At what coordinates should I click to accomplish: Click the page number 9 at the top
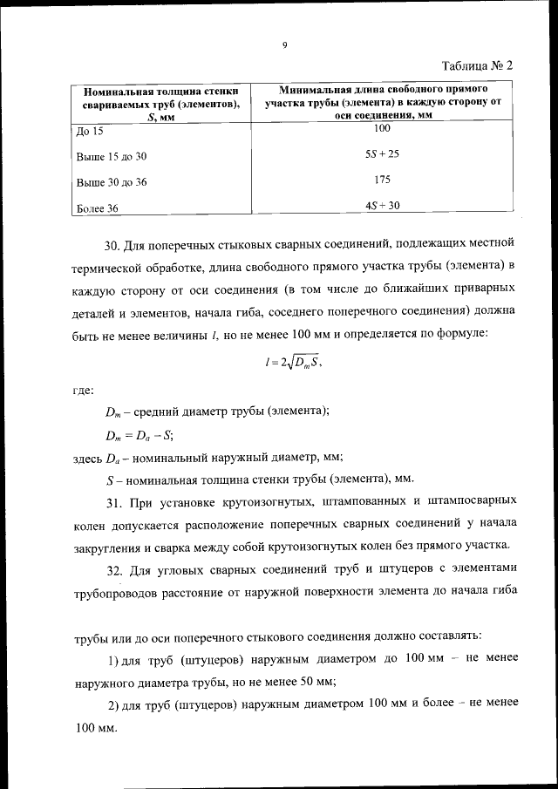tap(285, 45)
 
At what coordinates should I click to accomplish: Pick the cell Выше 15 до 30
tap(112, 157)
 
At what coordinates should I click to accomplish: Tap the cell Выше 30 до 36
tap(112, 183)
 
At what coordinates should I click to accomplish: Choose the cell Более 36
tap(98, 208)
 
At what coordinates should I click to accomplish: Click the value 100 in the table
tap(382, 129)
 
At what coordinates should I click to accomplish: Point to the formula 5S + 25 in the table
tap(382, 154)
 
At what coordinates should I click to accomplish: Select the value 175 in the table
tap(382, 180)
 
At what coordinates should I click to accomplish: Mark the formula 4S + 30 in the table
tap(382, 206)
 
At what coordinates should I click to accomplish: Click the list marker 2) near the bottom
tap(112, 704)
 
